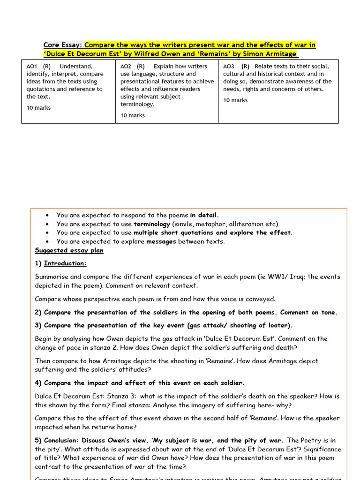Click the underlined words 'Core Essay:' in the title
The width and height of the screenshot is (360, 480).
[63, 45]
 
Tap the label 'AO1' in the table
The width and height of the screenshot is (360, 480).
[32, 67]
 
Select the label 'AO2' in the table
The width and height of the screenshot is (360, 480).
[126, 67]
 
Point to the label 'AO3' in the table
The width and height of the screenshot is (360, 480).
[229, 67]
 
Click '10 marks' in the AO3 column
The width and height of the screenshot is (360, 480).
[235, 100]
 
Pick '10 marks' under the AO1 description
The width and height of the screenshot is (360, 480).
[38, 108]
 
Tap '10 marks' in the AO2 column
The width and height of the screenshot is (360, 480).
[133, 115]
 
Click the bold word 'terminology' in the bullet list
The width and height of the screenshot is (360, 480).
[152, 224]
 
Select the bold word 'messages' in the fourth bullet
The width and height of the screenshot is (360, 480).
[162, 241]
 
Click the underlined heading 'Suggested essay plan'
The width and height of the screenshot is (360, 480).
[69, 250]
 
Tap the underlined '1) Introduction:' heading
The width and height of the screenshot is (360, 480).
[60, 263]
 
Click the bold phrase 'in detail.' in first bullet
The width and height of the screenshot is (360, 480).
[204, 215]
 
